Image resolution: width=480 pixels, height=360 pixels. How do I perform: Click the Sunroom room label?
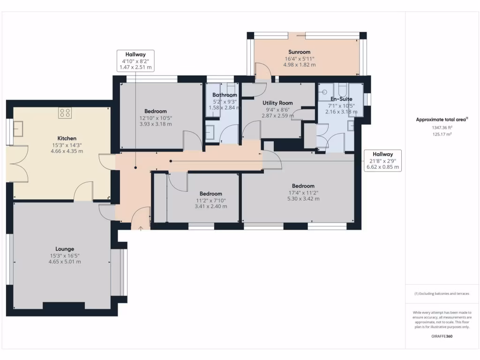(x=299, y=52)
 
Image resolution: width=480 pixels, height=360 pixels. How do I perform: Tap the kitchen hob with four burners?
(x=65, y=113)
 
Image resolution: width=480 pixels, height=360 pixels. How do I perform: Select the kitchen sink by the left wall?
(x=18, y=128)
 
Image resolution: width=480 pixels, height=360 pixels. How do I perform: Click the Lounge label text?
(x=65, y=249)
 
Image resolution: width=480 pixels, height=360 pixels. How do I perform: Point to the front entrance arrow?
(x=141, y=228)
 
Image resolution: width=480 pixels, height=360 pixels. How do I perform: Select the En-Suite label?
(x=341, y=99)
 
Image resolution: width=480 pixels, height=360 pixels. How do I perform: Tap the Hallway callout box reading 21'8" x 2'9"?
(x=382, y=160)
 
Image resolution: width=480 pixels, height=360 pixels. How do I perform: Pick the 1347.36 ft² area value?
(x=442, y=127)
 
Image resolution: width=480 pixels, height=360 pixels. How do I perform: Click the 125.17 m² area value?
(x=442, y=135)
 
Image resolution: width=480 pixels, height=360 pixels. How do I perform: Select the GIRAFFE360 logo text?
(x=442, y=336)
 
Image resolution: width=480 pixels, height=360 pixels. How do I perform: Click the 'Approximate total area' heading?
(x=442, y=120)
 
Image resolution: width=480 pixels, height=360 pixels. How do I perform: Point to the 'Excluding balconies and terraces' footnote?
(x=442, y=293)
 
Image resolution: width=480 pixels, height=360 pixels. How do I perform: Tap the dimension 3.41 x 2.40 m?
(x=210, y=206)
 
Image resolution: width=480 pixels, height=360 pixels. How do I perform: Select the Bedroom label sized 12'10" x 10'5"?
(x=156, y=111)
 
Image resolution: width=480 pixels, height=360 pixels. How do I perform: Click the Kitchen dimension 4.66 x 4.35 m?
(x=67, y=151)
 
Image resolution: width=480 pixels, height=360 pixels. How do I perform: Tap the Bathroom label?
(x=225, y=95)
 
